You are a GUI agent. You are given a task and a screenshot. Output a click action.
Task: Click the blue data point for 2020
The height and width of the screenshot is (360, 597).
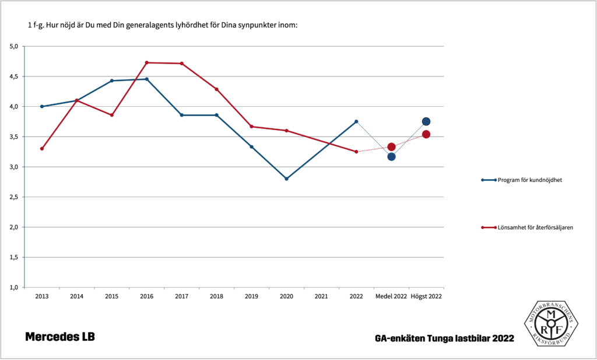pos(286,179)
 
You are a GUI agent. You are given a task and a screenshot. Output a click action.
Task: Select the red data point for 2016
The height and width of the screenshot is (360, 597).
pos(146,62)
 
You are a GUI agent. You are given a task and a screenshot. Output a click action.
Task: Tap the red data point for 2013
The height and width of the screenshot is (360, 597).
pos(42,149)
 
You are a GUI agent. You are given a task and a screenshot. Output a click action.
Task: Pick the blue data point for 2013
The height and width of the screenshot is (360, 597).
pos(42,106)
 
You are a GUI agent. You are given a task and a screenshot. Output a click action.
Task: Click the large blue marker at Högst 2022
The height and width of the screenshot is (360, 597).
pos(426,121)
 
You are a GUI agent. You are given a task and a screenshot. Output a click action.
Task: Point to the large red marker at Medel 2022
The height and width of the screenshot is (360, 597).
pos(391,147)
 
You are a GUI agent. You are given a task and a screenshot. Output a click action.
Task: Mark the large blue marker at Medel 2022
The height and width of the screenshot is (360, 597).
pos(391,156)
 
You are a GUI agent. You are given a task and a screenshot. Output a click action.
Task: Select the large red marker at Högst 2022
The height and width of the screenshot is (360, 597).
pos(426,134)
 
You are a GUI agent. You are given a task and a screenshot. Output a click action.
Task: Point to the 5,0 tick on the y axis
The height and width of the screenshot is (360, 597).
pos(14,46)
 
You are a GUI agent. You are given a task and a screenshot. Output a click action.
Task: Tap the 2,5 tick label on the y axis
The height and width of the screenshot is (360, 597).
pos(14,197)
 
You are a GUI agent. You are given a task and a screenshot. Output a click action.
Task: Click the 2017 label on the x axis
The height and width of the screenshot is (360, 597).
pos(181,296)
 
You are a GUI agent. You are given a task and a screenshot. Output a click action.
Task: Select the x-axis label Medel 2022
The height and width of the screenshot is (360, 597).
pos(391,296)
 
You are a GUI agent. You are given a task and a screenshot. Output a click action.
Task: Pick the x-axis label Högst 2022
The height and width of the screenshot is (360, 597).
pos(426,296)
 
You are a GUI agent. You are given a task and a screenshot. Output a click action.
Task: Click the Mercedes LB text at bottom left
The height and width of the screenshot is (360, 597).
pos(59,337)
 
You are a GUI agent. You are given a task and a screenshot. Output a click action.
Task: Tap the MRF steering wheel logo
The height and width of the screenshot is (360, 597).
pos(550,323)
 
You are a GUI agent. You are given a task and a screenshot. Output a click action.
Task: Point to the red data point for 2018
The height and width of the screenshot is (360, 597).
pos(216,89)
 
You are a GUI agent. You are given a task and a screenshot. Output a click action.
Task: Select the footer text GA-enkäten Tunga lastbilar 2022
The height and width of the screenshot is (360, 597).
pos(445,338)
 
